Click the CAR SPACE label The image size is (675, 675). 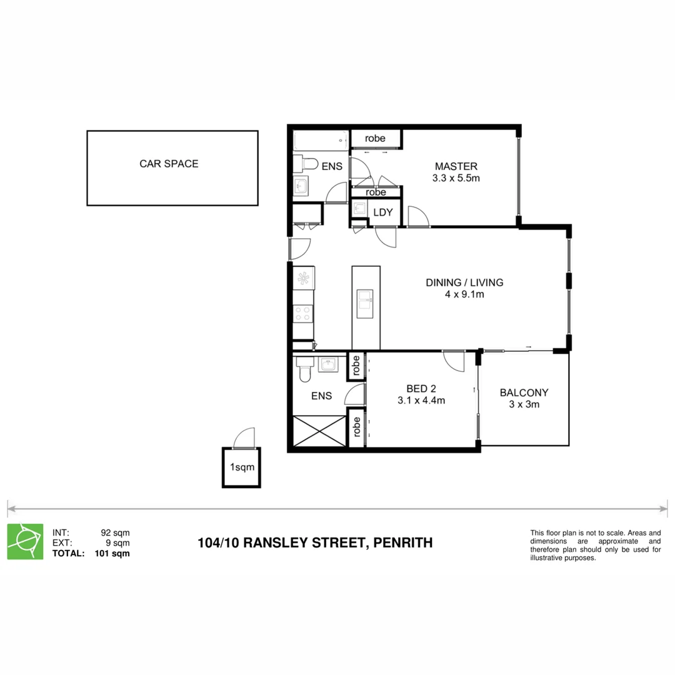(x=169, y=164)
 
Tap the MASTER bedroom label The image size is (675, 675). (x=456, y=167)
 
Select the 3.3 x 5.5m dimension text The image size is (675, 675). (x=456, y=178)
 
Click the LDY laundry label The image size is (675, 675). (x=383, y=212)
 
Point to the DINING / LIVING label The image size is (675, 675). (x=464, y=282)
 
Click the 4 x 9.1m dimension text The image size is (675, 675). (x=464, y=294)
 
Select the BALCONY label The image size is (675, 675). (x=524, y=393)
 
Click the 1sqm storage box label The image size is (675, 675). (x=242, y=467)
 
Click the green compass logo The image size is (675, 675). (x=25, y=541)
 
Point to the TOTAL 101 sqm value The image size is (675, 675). (x=112, y=553)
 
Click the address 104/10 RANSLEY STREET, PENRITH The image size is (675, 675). (x=314, y=542)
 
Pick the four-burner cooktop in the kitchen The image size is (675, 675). (x=304, y=312)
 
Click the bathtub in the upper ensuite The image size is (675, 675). (x=321, y=141)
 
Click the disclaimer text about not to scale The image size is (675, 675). (x=595, y=545)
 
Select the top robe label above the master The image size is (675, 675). (x=375, y=138)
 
